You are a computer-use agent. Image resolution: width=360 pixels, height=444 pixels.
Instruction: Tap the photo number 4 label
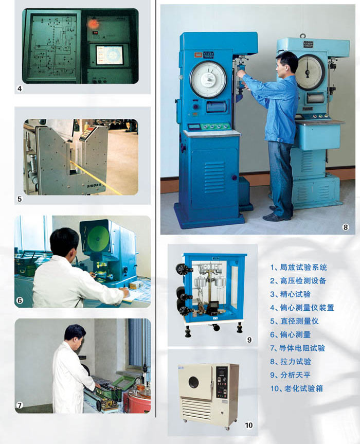point(19,89)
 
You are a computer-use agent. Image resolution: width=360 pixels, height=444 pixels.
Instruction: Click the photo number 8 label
point(345,227)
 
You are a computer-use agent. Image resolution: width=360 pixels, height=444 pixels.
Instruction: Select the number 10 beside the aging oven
point(249,425)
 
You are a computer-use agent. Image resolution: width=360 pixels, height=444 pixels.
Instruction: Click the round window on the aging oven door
point(193,382)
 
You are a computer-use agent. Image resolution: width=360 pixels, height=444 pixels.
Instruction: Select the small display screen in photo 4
point(110,55)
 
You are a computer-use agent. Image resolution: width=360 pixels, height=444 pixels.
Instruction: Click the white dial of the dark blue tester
point(208,80)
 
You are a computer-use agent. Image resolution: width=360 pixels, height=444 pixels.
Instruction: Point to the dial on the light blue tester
point(310,72)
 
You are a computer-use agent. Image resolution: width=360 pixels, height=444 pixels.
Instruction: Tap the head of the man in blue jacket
point(286,64)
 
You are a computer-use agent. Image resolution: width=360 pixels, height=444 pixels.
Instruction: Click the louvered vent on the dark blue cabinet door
point(215,176)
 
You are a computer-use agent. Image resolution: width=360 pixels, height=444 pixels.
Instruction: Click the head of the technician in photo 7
point(75,333)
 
